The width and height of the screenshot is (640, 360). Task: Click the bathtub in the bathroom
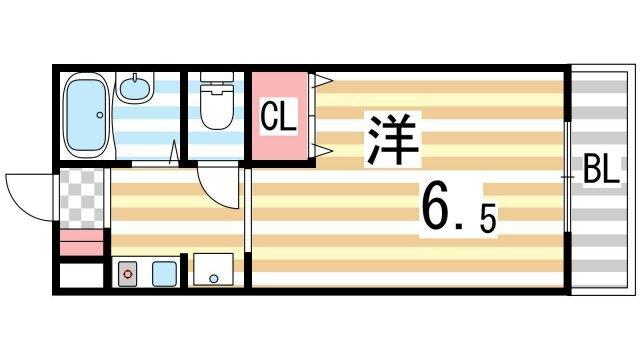pos(86,115)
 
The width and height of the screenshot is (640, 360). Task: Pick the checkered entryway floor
pos(80,199)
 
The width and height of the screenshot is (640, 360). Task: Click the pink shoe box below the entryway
pos(81,242)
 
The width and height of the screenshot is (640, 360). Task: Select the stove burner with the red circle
pos(128,271)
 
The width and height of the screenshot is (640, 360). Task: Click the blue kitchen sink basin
pos(163,271)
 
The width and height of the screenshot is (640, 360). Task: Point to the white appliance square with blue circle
pos(213,271)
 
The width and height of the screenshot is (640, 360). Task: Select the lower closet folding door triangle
pos(323,150)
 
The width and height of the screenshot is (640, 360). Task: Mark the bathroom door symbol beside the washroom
pos(176,152)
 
